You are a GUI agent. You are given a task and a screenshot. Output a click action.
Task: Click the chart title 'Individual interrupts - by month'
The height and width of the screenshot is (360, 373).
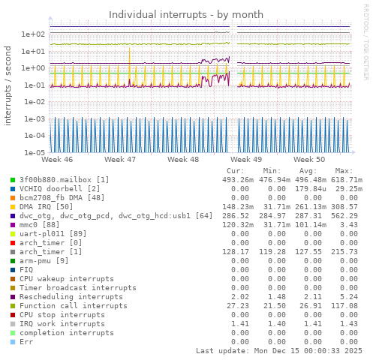pos(186,14)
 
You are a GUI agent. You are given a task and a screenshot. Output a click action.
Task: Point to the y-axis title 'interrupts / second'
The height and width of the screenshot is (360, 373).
pos(8,89)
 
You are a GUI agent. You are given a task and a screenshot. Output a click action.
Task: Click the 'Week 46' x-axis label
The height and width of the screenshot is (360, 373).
pos(58,160)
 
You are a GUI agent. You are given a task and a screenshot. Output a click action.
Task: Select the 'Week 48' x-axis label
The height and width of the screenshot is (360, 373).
pos(183,160)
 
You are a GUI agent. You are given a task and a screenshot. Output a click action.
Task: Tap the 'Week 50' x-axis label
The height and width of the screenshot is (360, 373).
pos(308,160)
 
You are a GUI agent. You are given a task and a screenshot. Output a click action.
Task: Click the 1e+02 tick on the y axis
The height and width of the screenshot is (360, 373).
pos(35,34)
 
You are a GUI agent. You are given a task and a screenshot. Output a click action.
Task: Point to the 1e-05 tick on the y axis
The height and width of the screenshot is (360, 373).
pos(35,152)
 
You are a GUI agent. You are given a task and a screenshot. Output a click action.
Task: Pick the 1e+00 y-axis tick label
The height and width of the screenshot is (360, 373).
pos(35,68)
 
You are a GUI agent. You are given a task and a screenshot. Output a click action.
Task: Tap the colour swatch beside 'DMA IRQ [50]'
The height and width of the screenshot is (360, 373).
pos(13,207)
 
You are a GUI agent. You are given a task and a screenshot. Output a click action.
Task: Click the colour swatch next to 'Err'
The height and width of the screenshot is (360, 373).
pos(13,342)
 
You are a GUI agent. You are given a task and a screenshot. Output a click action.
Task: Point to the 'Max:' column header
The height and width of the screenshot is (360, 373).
pos(344,171)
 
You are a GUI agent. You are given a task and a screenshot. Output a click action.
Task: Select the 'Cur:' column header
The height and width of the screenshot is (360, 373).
pos(236,171)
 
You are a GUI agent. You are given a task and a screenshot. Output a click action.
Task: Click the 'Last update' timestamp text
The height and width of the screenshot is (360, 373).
pos(278,351)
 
